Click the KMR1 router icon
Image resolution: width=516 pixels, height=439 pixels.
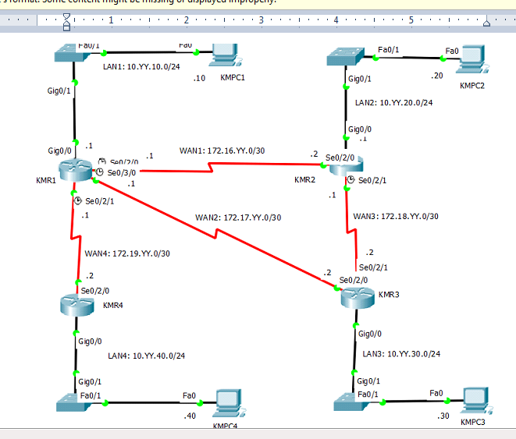76,171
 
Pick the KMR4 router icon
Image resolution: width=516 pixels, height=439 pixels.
77,305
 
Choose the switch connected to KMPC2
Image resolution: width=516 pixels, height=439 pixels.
345,57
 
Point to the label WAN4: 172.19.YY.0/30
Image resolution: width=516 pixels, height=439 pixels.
127,253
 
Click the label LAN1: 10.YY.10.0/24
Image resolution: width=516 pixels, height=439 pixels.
142,67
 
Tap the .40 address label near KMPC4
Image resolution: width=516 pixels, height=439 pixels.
189,416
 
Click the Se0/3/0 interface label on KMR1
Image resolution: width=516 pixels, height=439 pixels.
122,172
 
